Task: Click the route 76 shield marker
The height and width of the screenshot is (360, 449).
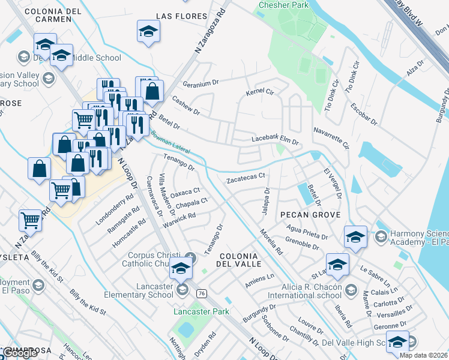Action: (x=202, y=293)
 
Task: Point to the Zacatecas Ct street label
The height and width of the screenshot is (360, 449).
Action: (x=246, y=179)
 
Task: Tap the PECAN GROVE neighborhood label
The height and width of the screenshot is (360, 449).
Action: (x=309, y=215)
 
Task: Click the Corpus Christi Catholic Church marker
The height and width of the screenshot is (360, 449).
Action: (x=190, y=259)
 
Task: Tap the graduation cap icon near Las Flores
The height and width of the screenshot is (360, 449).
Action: (x=149, y=32)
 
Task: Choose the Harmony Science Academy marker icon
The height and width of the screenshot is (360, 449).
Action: (x=380, y=237)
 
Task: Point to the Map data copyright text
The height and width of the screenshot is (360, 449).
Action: (x=424, y=355)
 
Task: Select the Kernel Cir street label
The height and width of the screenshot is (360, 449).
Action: (x=260, y=93)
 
